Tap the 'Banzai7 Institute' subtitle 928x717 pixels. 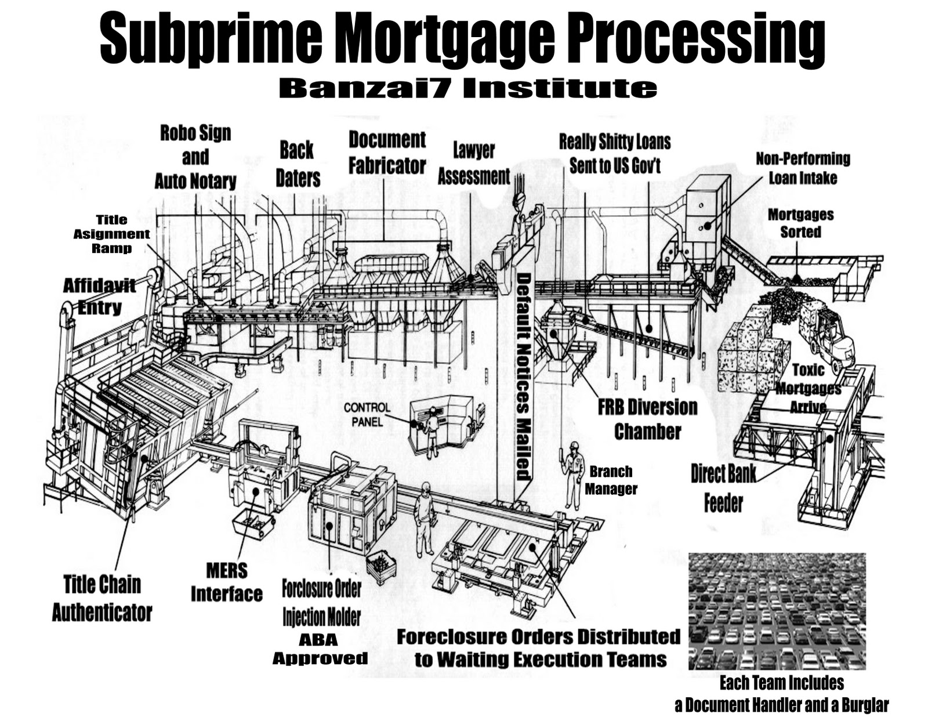point(467,88)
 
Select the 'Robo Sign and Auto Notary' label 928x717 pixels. point(195,157)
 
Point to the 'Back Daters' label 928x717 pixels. point(298,164)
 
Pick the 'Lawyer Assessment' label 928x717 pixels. point(473,164)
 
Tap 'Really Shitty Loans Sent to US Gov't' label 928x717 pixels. point(615,153)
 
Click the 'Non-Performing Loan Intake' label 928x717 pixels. point(802,168)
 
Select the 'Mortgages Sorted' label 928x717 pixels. point(800,223)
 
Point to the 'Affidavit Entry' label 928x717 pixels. point(99,296)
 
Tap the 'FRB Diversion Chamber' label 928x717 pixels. point(647,419)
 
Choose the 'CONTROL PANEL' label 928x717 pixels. point(367,414)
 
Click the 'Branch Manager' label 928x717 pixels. point(610,480)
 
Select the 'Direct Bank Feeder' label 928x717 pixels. point(723,488)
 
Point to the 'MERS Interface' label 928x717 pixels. point(226,582)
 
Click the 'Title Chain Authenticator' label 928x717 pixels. point(102,598)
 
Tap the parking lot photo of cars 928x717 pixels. point(777,611)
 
